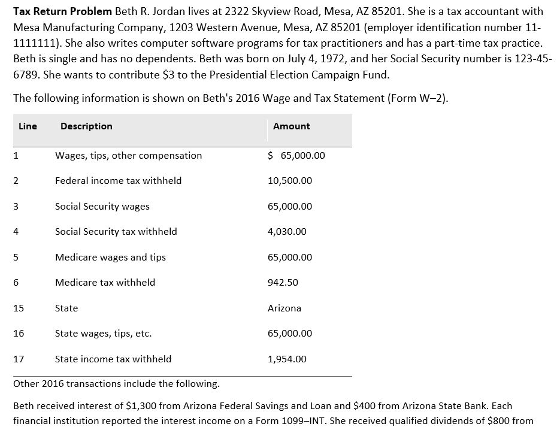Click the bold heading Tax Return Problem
click(x=59, y=11)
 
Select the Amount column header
click(x=291, y=126)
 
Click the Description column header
click(x=86, y=126)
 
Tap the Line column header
click(x=28, y=126)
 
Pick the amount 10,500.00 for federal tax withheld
click(x=289, y=181)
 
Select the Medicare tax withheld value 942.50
click(x=283, y=283)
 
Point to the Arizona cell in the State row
click(x=284, y=308)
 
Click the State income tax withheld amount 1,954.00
click(x=287, y=359)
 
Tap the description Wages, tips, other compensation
click(x=128, y=156)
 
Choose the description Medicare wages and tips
click(x=110, y=258)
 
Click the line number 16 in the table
click(x=19, y=334)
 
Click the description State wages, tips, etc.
click(x=103, y=334)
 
